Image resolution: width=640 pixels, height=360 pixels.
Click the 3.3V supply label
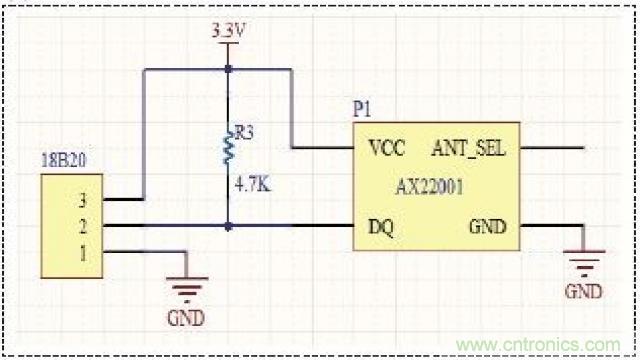[x=228, y=31]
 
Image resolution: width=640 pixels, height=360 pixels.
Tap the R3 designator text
[x=244, y=133]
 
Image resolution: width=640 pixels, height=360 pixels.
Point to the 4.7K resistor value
[x=253, y=185]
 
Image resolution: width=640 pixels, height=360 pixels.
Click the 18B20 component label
[x=64, y=160]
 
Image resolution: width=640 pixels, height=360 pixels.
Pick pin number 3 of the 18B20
[x=83, y=200]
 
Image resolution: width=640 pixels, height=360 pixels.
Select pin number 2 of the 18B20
[x=83, y=226]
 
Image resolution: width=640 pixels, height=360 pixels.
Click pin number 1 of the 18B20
[x=83, y=254]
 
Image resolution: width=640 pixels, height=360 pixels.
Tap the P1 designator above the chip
[x=362, y=110]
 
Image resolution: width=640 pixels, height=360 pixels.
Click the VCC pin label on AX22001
[x=386, y=148]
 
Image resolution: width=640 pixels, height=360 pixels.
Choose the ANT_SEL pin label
[x=469, y=148]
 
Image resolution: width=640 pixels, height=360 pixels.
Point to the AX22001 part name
[x=429, y=187]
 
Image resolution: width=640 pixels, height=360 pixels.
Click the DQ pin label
[x=381, y=227]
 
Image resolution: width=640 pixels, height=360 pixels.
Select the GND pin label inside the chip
[x=488, y=227]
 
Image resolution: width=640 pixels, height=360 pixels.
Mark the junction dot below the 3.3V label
[x=228, y=69]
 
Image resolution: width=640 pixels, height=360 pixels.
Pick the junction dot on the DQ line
[x=228, y=226]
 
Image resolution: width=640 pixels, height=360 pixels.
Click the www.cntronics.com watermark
[x=538, y=345]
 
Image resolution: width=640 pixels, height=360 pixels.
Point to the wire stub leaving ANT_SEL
[x=552, y=148]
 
